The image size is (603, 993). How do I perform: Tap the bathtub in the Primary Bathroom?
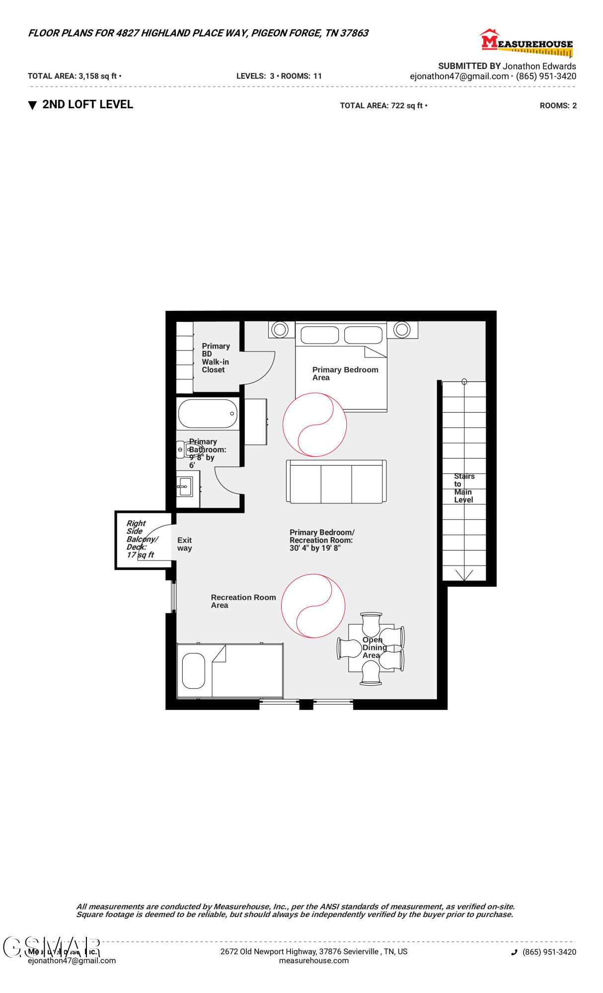pyautogui.click(x=208, y=414)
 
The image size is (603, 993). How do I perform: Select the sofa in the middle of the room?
pyautogui.click(x=336, y=482)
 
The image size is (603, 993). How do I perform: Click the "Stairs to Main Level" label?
pyautogui.click(x=464, y=488)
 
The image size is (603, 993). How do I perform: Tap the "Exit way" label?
pyautogui.click(x=184, y=544)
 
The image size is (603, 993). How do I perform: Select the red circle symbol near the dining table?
pyautogui.click(x=313, y=605)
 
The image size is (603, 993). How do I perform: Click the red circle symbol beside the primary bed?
pyautogui.click(x=314, y=425)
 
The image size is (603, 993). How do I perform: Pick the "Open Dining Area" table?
pyautogui.click(x=371, y=648)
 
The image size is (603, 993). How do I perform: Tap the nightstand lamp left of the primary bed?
pyautogui.click(x=280, y=329)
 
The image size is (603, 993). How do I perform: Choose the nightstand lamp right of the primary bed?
pyautogui.click(x=402, y=329)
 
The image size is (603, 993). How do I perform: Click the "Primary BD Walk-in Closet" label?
pyautogui.click(x=216, y=357)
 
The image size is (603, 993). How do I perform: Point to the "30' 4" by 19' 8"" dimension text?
pyautogui.click(x=315, y=548)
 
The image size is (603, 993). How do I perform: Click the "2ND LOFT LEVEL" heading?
pyautogui.click(x=87, y=104)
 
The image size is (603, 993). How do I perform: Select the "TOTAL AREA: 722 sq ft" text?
pyautogui.click(x=381, y=105)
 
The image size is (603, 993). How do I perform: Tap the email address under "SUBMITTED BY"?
pyautogui.click(x=459, y=76)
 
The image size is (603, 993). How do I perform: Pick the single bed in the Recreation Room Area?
pyautogui.click(x=230, y=671)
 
